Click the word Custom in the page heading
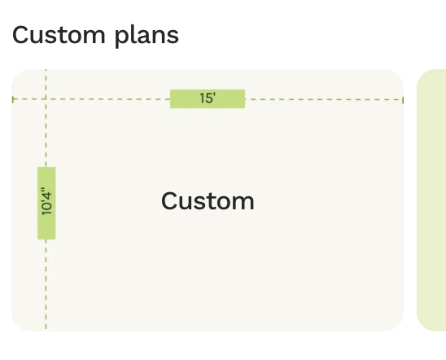59,35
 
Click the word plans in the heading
146,36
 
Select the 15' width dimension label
208,99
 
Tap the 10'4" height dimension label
46,203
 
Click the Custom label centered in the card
208,201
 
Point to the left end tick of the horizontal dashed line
13,99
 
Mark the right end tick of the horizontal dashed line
403,100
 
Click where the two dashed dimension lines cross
46,99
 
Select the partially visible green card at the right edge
431,200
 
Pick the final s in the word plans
173,37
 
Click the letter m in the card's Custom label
243,203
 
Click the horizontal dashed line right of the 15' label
324,99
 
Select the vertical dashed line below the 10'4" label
46,284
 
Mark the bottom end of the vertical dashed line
46,330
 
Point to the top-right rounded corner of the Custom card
399,73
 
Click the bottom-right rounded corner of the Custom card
399,327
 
